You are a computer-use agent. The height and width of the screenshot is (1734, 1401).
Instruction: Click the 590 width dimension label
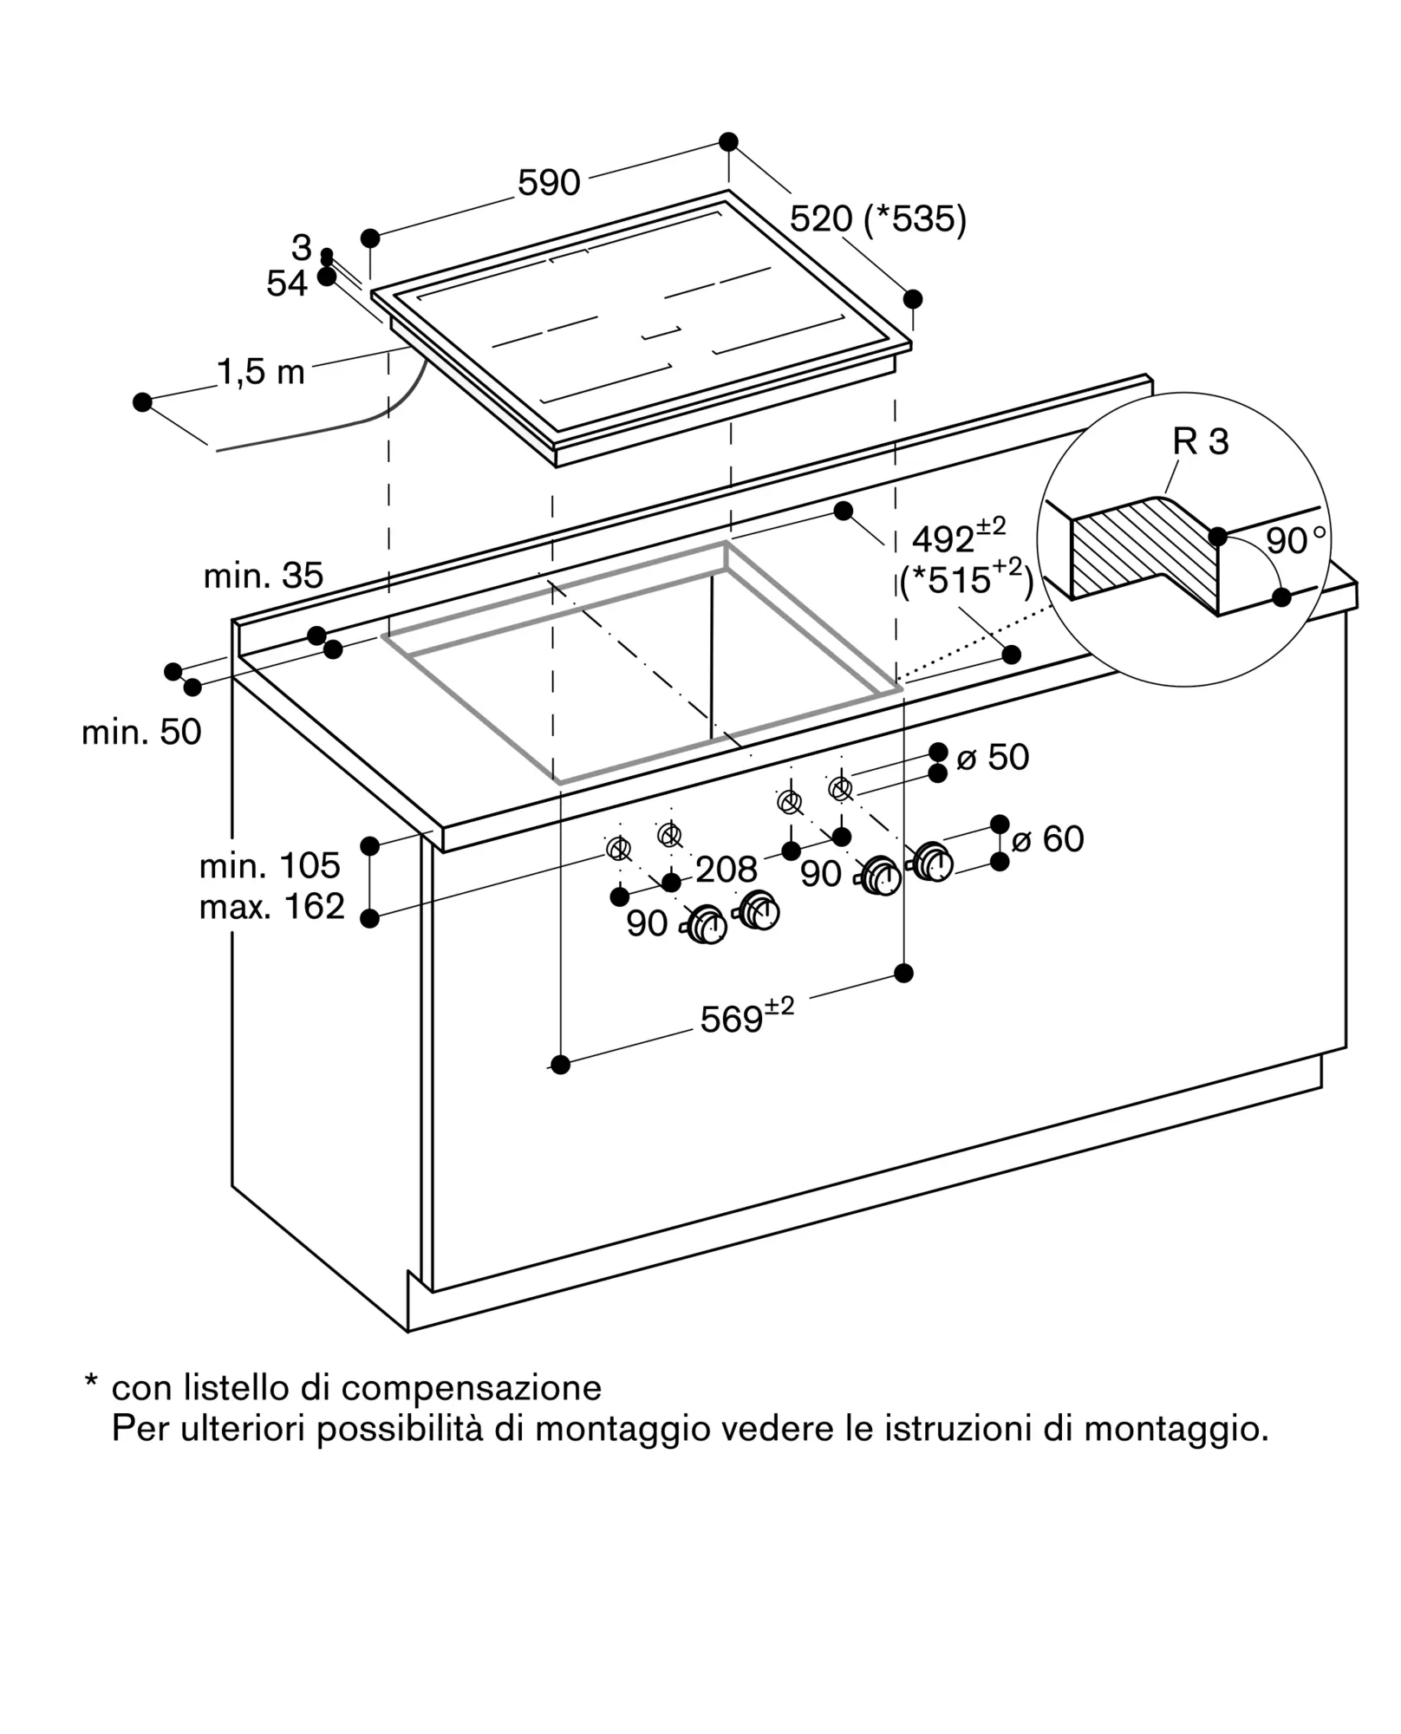pyautogui.click(x=549, y=183)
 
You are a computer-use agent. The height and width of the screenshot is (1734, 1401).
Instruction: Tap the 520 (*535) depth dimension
pyautogui.click(x=877, y=219)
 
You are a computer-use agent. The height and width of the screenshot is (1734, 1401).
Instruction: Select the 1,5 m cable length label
pyautogui.click(x=261, y=372)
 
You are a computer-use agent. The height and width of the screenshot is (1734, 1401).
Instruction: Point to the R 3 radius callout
pyautogui.click(x=1201, y=442)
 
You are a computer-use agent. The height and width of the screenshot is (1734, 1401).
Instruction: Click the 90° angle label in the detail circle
pyautogui.click(x=1295, y=540)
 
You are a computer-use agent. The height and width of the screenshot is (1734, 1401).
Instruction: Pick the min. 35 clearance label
pyautogui.click(x=264, y=576)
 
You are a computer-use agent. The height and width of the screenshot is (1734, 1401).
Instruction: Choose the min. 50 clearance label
pyautogui.click(x=141, y=733)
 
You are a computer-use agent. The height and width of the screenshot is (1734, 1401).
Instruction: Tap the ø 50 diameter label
pyautogui.click(x=993, y=758)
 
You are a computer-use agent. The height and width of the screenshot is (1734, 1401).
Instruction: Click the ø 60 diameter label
pyautogui.click(x=1047, y=839)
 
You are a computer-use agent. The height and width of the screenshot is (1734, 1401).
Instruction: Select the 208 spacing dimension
pyautogui.click(x=727, y=869)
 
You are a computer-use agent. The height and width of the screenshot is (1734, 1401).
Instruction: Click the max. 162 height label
pyautogui.click(x=272, y=907)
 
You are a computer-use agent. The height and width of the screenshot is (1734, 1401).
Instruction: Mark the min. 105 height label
pyautogui.click(x=270, y=865)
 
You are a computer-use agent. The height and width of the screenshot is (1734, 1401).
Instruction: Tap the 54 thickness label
pyautogui.click(x=287, y=284)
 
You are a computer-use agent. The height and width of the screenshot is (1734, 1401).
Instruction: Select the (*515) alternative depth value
pyautogui.click(x=967, y=578)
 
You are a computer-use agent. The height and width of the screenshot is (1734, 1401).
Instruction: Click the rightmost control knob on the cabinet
pyautogui.click(x=933, y=863)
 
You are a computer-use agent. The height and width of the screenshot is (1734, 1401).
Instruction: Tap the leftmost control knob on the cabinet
pyautogui.click(x=707, y=925)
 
